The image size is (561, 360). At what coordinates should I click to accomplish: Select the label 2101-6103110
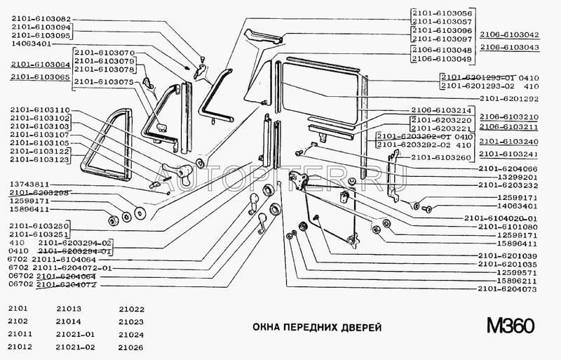pyautogui.click(x=41, y=110)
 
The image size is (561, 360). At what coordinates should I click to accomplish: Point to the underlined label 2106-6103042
pyautogui.click(x=510, y=34)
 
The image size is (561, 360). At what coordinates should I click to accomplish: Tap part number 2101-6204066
pyautogui.click(x=510, y=168)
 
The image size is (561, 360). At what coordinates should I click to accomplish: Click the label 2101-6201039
pyautogui.click(x=510, y=255)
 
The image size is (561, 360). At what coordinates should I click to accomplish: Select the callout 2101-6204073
pyautogui.click(x=510, y=289)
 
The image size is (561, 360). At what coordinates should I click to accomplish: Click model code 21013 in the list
pyautogui.click(x=69, y=309)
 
